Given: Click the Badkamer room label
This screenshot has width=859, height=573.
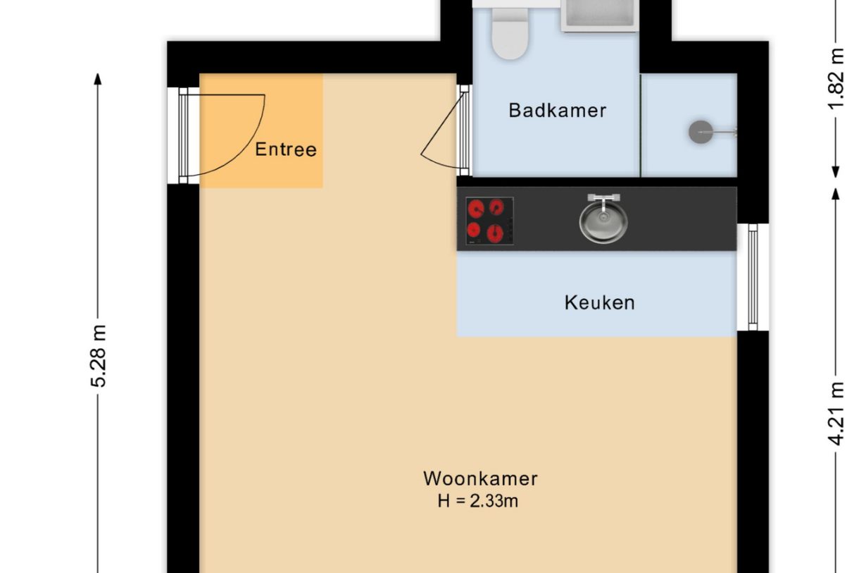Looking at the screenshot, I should point(557,111).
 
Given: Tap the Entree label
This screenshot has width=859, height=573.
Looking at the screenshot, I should point(285,149).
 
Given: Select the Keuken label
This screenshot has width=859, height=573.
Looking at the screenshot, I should point(599,302).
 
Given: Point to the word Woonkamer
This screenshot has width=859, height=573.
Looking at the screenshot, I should point(480,479).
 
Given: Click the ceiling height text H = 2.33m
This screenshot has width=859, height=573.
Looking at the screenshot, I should point(478,502).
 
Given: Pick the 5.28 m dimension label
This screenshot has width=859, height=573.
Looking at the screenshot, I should point(98,356).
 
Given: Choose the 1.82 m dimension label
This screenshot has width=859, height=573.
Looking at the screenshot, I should point(836,78).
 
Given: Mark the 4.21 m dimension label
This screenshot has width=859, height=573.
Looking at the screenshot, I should point(836,413).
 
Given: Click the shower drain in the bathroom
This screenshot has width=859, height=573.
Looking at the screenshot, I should point(700,132).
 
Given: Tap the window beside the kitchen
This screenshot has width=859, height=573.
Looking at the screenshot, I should point(753,277).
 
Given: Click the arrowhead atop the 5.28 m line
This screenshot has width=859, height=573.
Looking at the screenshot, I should point(98,78).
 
